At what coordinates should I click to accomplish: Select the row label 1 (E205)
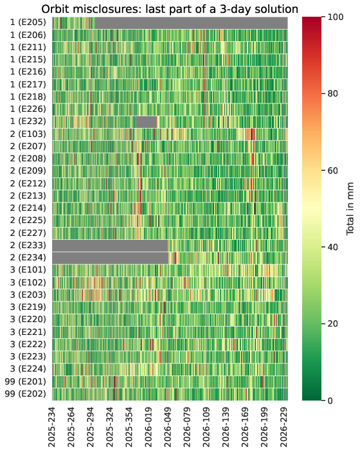coord(28,23)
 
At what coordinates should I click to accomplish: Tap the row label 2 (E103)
coord(28,134)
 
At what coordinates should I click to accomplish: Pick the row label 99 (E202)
coord(25,393)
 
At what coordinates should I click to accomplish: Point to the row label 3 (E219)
coord(28,307)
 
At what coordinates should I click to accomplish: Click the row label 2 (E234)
coord(28,257)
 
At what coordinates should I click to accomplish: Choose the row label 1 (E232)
coord(28,122)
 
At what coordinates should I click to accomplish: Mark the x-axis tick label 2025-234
coord(52,427)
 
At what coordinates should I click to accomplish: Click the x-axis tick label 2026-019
coord(148,427)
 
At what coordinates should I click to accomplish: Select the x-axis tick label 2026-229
coord(284,427)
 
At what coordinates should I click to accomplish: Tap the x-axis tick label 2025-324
coord(110,427)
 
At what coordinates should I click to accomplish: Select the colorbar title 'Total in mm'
coord(350,209)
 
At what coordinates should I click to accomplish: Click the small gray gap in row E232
coord(147,122)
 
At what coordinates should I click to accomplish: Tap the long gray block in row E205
coord(192,23)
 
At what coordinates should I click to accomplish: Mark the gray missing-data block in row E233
coord(111,246)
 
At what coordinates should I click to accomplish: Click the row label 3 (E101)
coord(28,270)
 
